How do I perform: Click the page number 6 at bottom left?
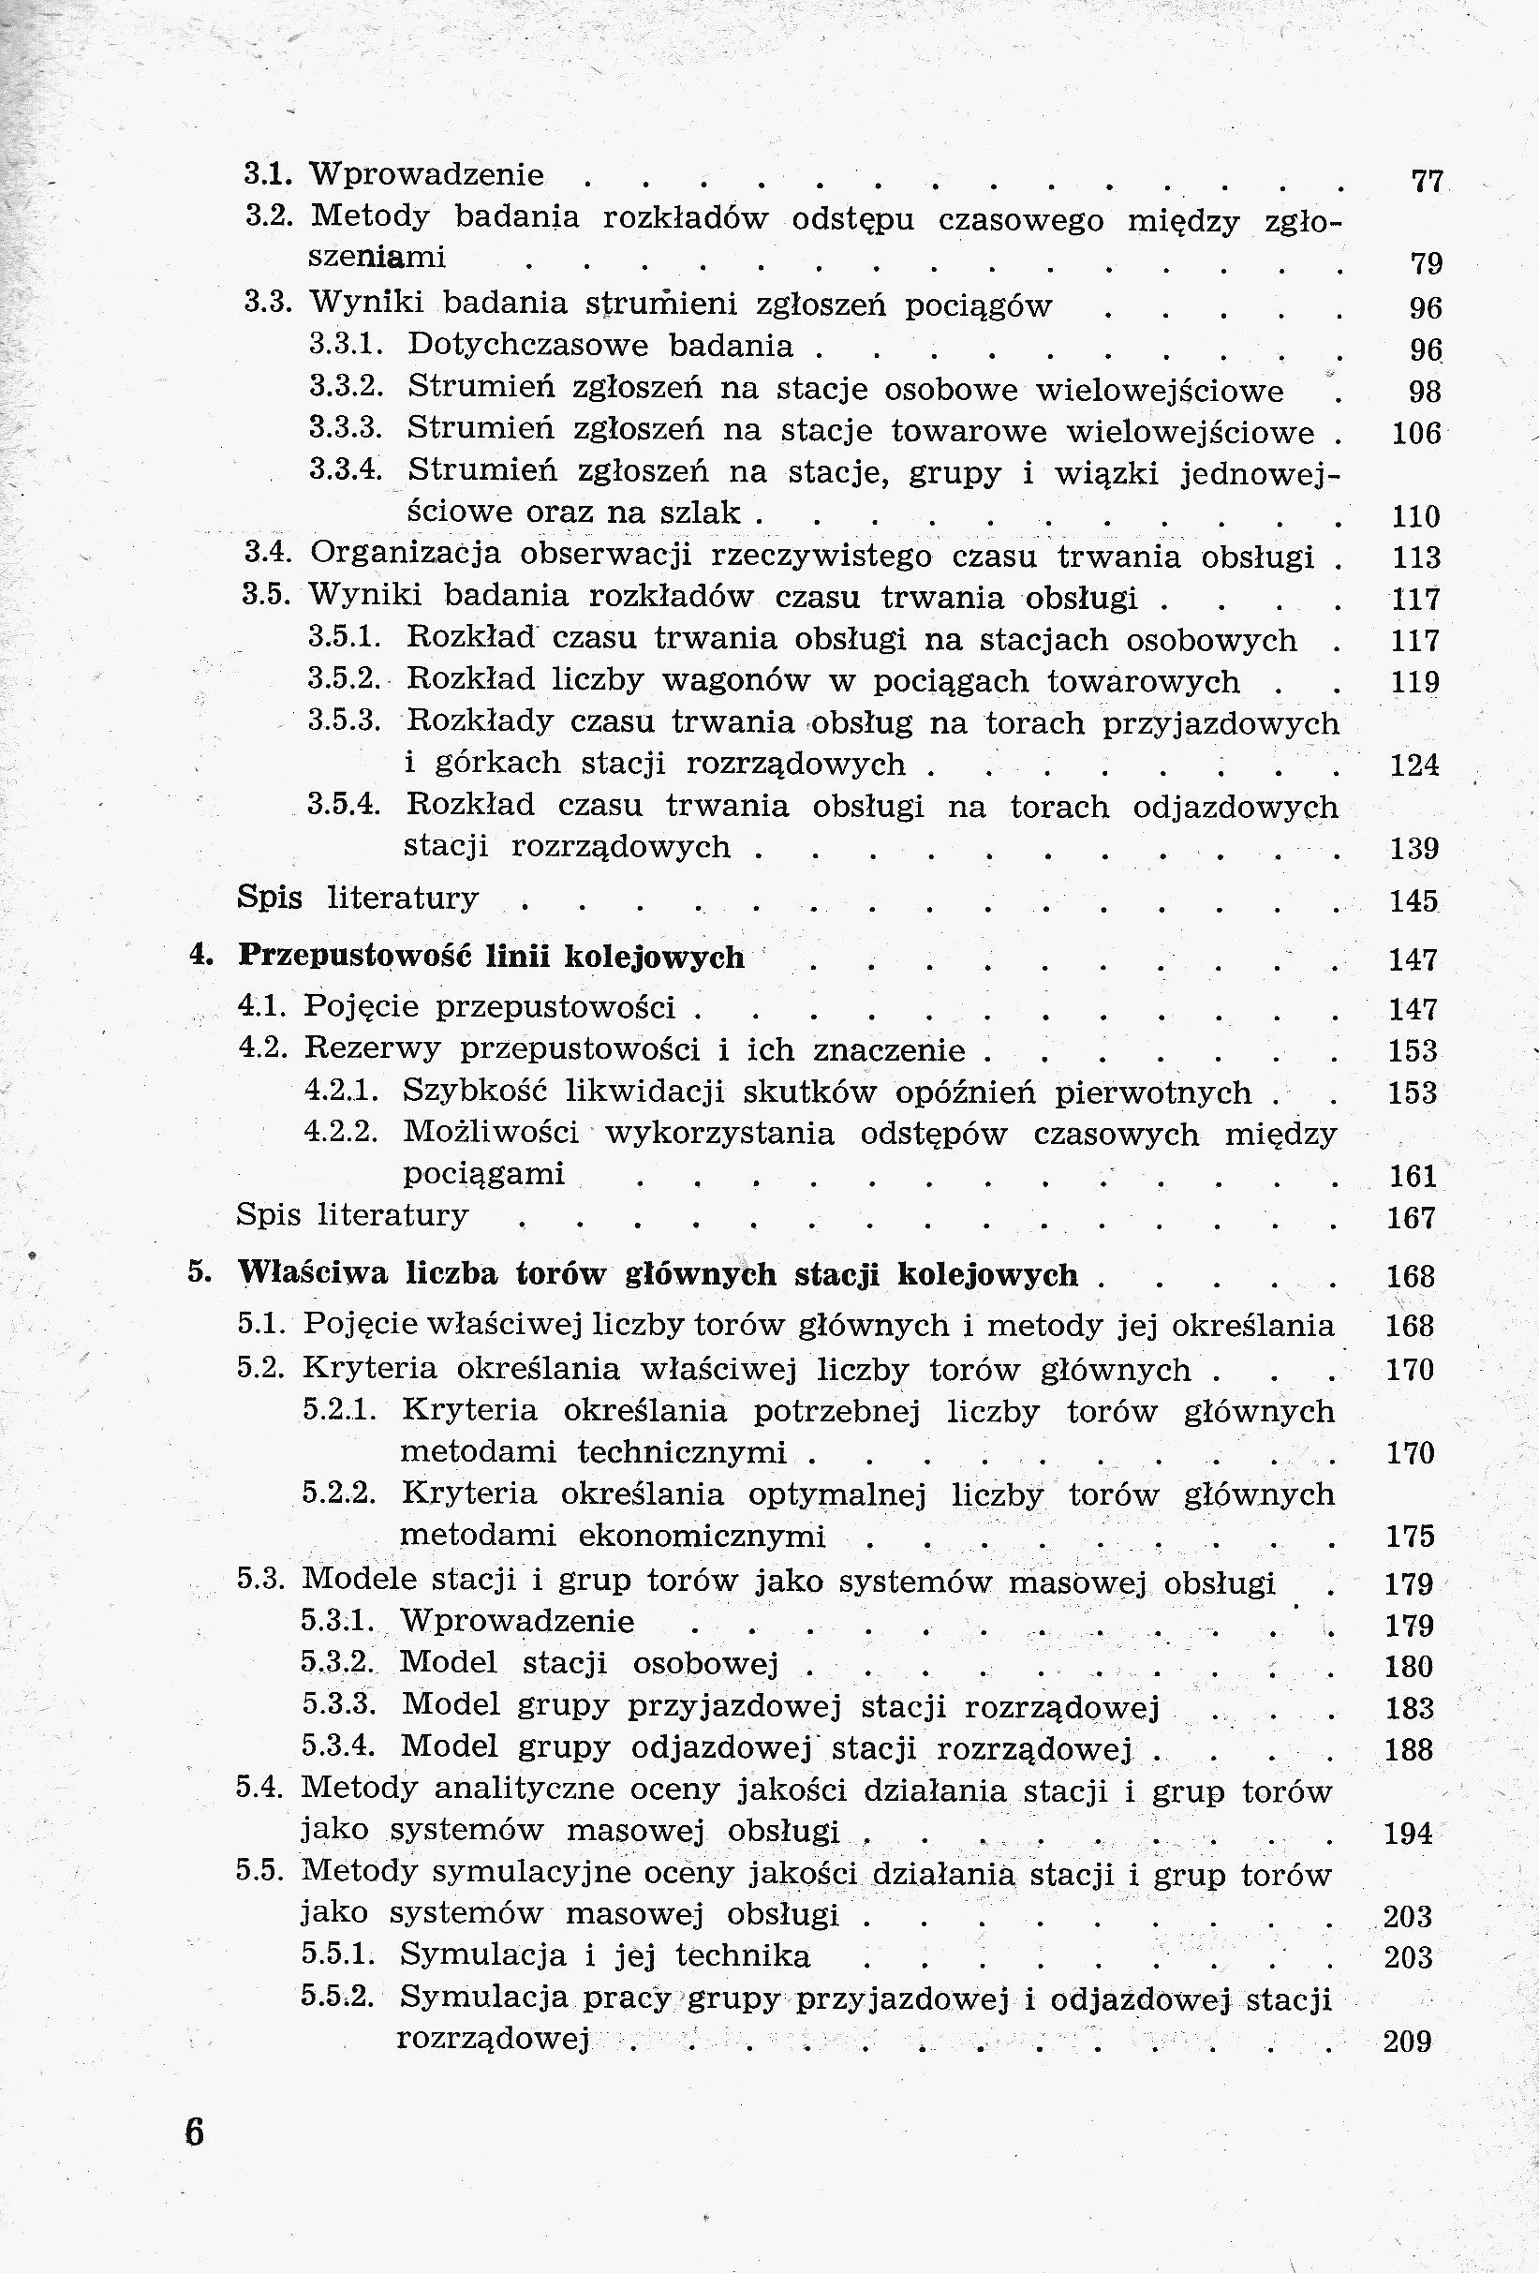point(195,2132)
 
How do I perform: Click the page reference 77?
point(1428,182)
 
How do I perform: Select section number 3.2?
point(269,216)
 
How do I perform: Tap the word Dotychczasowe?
point(527,345)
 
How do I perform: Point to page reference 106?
point(1415,432)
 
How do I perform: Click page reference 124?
point(1413,765)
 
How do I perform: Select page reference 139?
point(1413,848)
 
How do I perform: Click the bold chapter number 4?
point(200,956)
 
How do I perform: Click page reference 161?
point(1413,1177)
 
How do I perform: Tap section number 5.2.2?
point(338,1493)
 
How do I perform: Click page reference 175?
point(1410,1537)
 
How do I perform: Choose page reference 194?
point(1409,1834)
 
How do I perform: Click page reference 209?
point(1408,2042)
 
